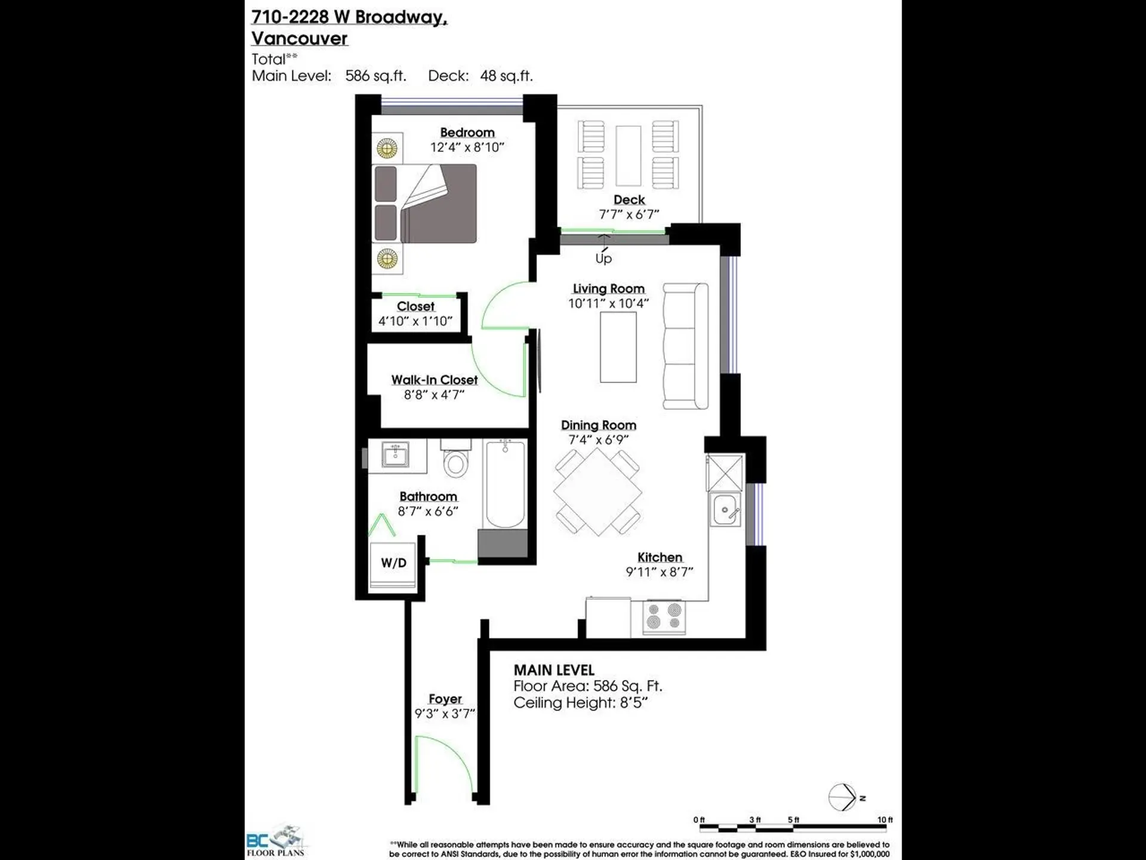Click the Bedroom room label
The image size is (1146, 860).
(x=467, y=133)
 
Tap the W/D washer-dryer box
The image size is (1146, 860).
(x=393, y=563)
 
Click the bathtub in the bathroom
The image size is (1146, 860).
(x=505, y=484)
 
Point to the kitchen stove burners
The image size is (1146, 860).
(x=664, y=618)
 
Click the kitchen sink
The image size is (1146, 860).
(x=725, y=509)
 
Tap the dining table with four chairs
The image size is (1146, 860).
(x=597, y=492)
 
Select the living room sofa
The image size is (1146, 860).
(x=686, y=346)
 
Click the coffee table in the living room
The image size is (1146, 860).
(x=618, y=347)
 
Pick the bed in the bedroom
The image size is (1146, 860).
(x=425, y=204)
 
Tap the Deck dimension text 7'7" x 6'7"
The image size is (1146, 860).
(x=629, y=214)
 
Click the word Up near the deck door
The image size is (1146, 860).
(x=603, y=258)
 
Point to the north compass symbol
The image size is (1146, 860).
(x=843, y=797)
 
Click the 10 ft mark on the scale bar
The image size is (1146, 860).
(x=885, y=820)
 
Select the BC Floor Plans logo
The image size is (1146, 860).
(x=276, y=842)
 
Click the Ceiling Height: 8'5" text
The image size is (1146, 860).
(x=580, y=703)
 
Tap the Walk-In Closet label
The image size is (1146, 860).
(x=434, y=380)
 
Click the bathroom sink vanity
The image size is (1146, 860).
(x=396, y=456)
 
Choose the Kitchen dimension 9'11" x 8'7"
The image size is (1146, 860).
(x=659, y=572)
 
